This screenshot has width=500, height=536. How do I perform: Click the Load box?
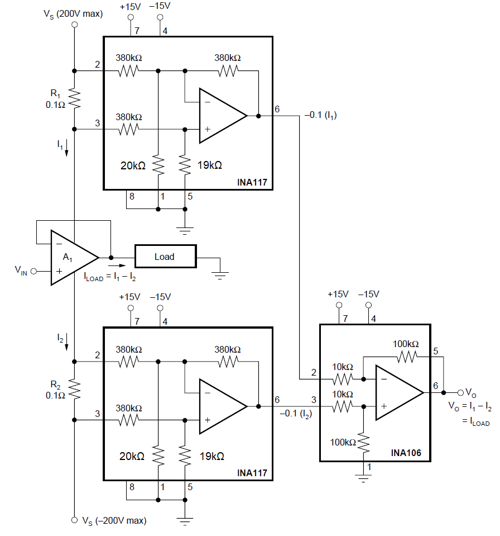[165, 257]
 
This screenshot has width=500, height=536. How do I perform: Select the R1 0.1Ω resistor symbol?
[75, 99]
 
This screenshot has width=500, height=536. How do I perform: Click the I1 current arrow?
[67, 148]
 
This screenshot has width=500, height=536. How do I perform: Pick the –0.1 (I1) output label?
[320, 115]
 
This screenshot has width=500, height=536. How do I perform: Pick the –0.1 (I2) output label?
[296, 414]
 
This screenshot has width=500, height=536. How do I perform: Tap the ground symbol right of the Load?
[221, 273]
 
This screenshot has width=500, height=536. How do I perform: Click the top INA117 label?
[252, 182]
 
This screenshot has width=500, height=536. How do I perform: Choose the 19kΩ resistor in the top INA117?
[185, 164]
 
